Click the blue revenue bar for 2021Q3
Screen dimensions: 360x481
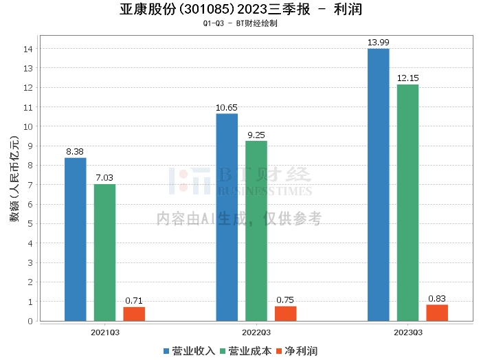coord(76,239)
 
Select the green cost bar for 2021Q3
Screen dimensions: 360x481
coord(105,252)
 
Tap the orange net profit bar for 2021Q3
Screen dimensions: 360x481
coord(134,313)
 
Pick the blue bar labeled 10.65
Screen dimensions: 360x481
coord(227,217)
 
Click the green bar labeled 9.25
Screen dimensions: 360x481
coord(256,231)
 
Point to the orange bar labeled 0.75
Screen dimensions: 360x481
coord(285,313)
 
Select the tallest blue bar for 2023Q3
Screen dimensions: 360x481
coord(379,185)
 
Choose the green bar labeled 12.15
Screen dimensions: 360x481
coord(407,203)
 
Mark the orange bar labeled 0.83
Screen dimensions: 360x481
coord(437,313)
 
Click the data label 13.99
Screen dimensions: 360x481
coord(379,43)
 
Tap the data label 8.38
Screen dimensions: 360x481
coord(76,152)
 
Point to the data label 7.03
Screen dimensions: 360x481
coord(105,178)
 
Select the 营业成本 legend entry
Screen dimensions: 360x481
coord(247,351)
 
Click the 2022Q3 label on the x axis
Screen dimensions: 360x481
coord(256,332)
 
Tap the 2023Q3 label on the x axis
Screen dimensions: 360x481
coord(407,332)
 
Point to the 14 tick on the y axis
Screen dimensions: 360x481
coord(29,49)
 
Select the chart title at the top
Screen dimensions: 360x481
coord(240,10)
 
